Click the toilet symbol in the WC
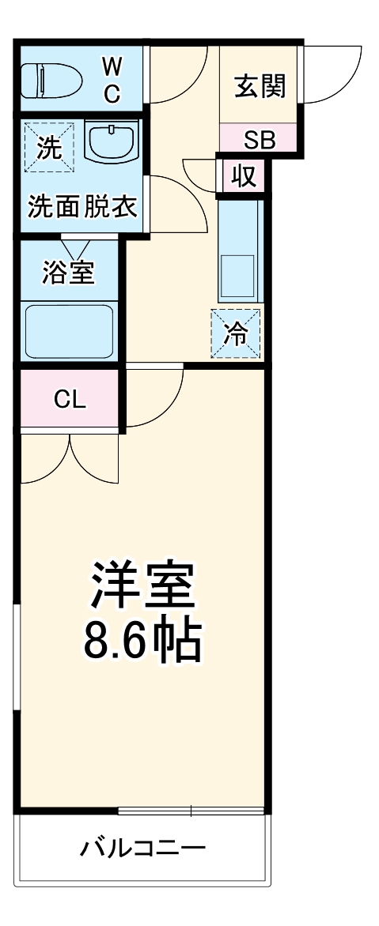click(51, 79)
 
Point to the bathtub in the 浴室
click(69, 331)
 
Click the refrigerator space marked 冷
click(235, 333)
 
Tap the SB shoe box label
click(259, 141)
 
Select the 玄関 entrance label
click(259, 85)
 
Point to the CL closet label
click(70, 400)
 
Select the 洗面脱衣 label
click(82, 207)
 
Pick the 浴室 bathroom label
click(69, 273)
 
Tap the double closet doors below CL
click(70, 458)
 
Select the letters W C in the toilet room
click(112, 78)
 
